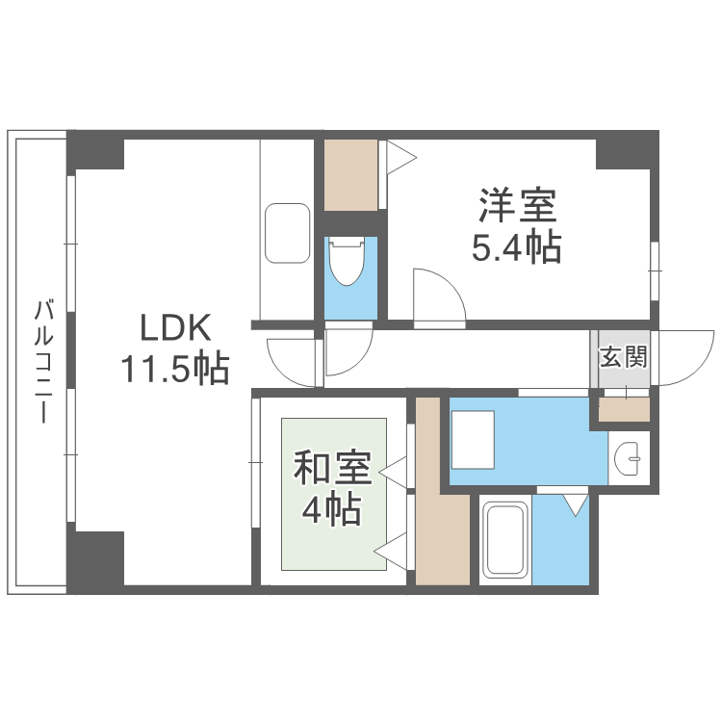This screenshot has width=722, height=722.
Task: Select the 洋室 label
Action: tap(515, 206)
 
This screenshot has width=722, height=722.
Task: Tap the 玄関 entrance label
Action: tap(622, 357)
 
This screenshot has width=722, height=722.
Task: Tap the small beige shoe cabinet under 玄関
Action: tap(622, 409)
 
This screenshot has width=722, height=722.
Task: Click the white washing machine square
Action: tap(473, 436)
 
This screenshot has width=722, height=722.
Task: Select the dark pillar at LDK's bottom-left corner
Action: tap(95, 557)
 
